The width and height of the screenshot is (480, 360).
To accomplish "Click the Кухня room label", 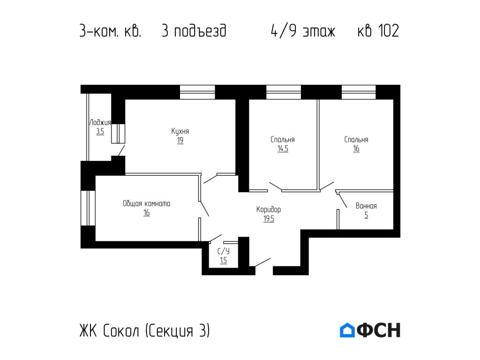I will tap(180, 131).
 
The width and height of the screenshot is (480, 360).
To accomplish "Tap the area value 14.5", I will tap(283, 149).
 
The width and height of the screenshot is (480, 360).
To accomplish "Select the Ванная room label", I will tap(366, 206).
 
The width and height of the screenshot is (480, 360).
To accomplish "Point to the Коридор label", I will tap(269, 210).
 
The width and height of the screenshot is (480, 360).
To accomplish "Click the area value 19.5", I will tap(269, 218).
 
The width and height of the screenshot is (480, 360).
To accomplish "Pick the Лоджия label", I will tap(100, 122).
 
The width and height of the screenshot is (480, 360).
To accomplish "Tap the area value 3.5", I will tap(100, 132).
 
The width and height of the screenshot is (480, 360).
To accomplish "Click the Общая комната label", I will tap(147, 203).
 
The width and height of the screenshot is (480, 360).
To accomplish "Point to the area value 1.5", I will tap(223, 260).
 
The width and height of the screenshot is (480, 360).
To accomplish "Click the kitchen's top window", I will tap(197, 92).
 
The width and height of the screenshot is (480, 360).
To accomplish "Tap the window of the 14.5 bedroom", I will tap(284, 92).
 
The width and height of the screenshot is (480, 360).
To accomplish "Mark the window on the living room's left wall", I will tap(88, 208).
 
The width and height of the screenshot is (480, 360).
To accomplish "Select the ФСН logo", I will tap(370, 330).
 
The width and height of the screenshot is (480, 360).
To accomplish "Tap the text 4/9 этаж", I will tap(303, 31).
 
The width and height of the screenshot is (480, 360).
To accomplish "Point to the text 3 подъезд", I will tap(194, 31).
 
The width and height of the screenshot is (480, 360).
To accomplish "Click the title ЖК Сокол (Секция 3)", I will tap(145, 331).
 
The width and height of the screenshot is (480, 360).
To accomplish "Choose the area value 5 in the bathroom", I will tap(366, 216).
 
